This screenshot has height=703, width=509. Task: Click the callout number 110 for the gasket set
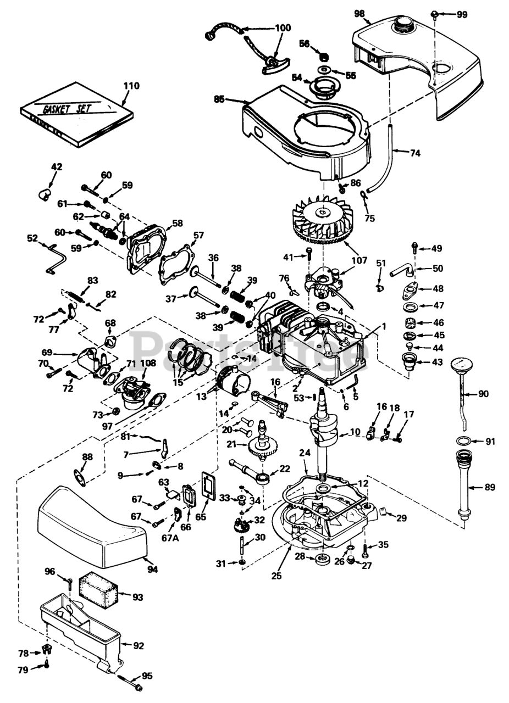pyautogui.click(x=132, y=86)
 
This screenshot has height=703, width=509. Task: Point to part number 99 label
pyautogui.click(x=462, y=15)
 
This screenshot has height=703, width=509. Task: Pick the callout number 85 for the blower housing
pyautogui.click(x=220, y=99)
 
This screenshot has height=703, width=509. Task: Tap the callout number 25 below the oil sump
pyautogui.click(x=277, y=576)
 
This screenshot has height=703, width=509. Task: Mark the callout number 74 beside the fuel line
pyautogui.click(x=415, y=153)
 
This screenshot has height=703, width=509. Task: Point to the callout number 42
pyautogui.click(x=56, y=166)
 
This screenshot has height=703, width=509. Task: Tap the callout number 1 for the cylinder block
pyautogui.click(x=384, y=326)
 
